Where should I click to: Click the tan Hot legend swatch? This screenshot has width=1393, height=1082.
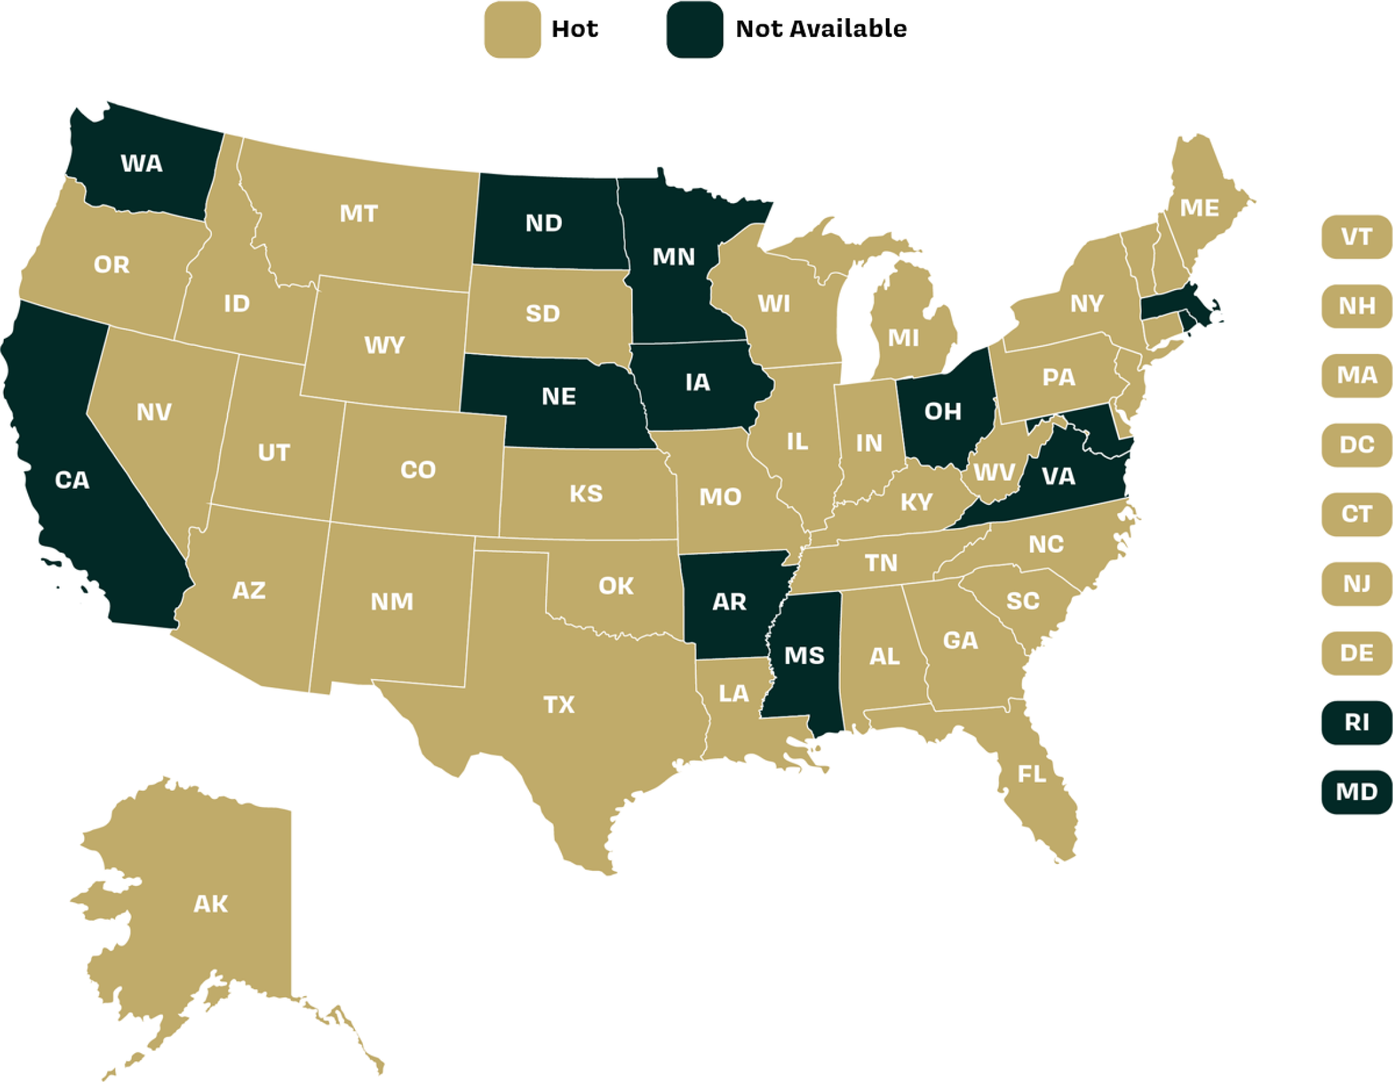click(x=512, y=30)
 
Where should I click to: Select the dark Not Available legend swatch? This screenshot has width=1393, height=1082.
click(x=695, y=30)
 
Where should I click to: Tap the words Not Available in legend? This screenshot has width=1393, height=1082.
click(x=821, y=29)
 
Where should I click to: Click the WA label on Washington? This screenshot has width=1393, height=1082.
click(x=142, y=164)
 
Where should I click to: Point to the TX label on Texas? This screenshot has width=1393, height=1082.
click(x=559, y=705)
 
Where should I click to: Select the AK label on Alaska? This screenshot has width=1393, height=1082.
click(x=211, y=903)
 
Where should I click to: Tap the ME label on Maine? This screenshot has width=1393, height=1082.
click(x=1199, y=208)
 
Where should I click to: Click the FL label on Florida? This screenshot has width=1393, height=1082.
click(x=1031, y=774)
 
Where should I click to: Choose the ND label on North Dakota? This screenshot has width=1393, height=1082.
click(x=544, y=223)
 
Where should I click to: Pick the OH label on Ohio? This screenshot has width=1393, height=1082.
click(x=943, y=411)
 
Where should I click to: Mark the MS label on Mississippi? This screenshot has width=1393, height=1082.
click(x=804, y=655)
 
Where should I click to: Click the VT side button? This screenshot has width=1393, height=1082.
click(x=1356, y=237)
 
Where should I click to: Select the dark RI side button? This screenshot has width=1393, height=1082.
click(x=1356, y=722)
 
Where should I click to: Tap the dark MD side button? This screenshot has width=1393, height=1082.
click(x=1356, y=792)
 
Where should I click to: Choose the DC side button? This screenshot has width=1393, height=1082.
click(x=1356, y=444)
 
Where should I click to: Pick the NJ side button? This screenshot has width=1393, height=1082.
click(x=1356, y=583)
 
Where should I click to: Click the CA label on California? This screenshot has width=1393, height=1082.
click(x=72, y=480)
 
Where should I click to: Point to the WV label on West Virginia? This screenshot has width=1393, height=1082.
click(x=994, y=472)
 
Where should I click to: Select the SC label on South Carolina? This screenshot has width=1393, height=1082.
click(x=1022, y=601)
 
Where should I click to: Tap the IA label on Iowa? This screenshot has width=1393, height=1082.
click(x=697, y=383)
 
